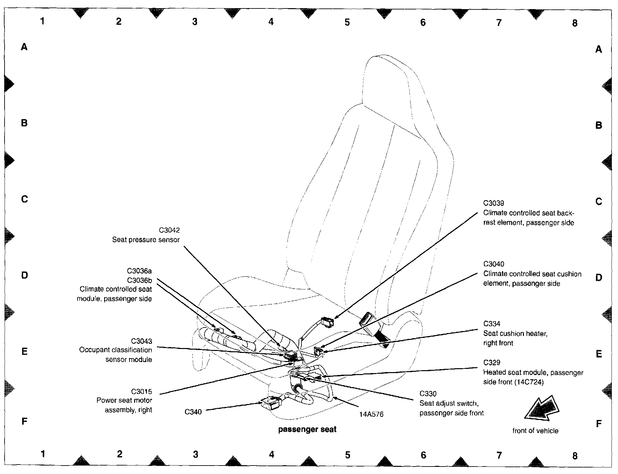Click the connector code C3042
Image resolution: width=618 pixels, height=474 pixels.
[x=169, y=230]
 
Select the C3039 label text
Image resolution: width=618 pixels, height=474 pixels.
[x=494, y=203]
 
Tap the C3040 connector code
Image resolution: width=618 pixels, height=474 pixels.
[x=494, y=264]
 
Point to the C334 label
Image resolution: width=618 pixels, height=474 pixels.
[x=492, y=324]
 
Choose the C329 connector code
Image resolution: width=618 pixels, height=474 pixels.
[x=492, y=363]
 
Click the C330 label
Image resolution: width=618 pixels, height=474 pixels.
[x=428, y=394]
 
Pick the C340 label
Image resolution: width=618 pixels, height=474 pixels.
[x=193, y=412]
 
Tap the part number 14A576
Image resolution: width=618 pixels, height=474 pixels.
[x=371, y=414]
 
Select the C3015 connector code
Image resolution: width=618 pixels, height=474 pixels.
[x=141, y=391]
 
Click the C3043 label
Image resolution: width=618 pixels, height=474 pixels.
[x=141, y=341]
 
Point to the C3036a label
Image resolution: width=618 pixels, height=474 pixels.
[x=139, y=271]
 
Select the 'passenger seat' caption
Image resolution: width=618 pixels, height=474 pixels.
[x=307, y=429]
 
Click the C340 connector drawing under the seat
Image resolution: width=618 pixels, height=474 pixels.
[x=271, y=403]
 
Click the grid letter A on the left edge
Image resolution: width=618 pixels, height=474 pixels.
[x=24, y=47]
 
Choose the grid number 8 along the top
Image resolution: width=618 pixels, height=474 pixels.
[x=575, y=23]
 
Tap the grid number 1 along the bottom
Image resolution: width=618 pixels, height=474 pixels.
[x=43, y=453]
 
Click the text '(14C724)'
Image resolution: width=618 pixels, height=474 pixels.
[x=529, y=382]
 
